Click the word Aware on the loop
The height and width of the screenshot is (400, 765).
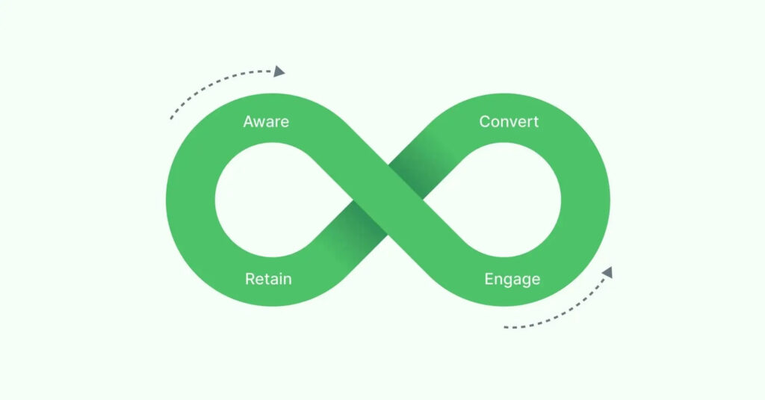(x=266, y=122)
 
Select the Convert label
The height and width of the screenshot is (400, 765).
(x=508, y=122)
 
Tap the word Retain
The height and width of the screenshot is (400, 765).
(x=268, y=280)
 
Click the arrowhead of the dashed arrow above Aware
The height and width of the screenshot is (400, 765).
(x=279, y=71)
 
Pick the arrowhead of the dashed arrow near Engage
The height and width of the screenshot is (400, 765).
(x=607, y=272)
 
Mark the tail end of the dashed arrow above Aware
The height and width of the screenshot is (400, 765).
(x=171, y=119)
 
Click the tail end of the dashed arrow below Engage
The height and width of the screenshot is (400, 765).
(x=505, y=327)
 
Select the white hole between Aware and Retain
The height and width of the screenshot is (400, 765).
(x=265, y=200)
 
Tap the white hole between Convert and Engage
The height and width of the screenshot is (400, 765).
(x=511, y=200)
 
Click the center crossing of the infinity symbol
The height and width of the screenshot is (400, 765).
(x=388, y=200)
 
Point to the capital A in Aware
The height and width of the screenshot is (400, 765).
(x=249, y=122)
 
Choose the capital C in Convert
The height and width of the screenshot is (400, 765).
(x=484, y=122)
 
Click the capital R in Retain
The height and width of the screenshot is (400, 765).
(x=250, y=280)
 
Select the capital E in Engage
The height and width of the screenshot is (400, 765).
(x=489, y=280)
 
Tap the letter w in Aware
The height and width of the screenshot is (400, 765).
(x=261, y=122)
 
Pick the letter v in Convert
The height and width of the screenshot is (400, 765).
(x=515, y=122)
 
